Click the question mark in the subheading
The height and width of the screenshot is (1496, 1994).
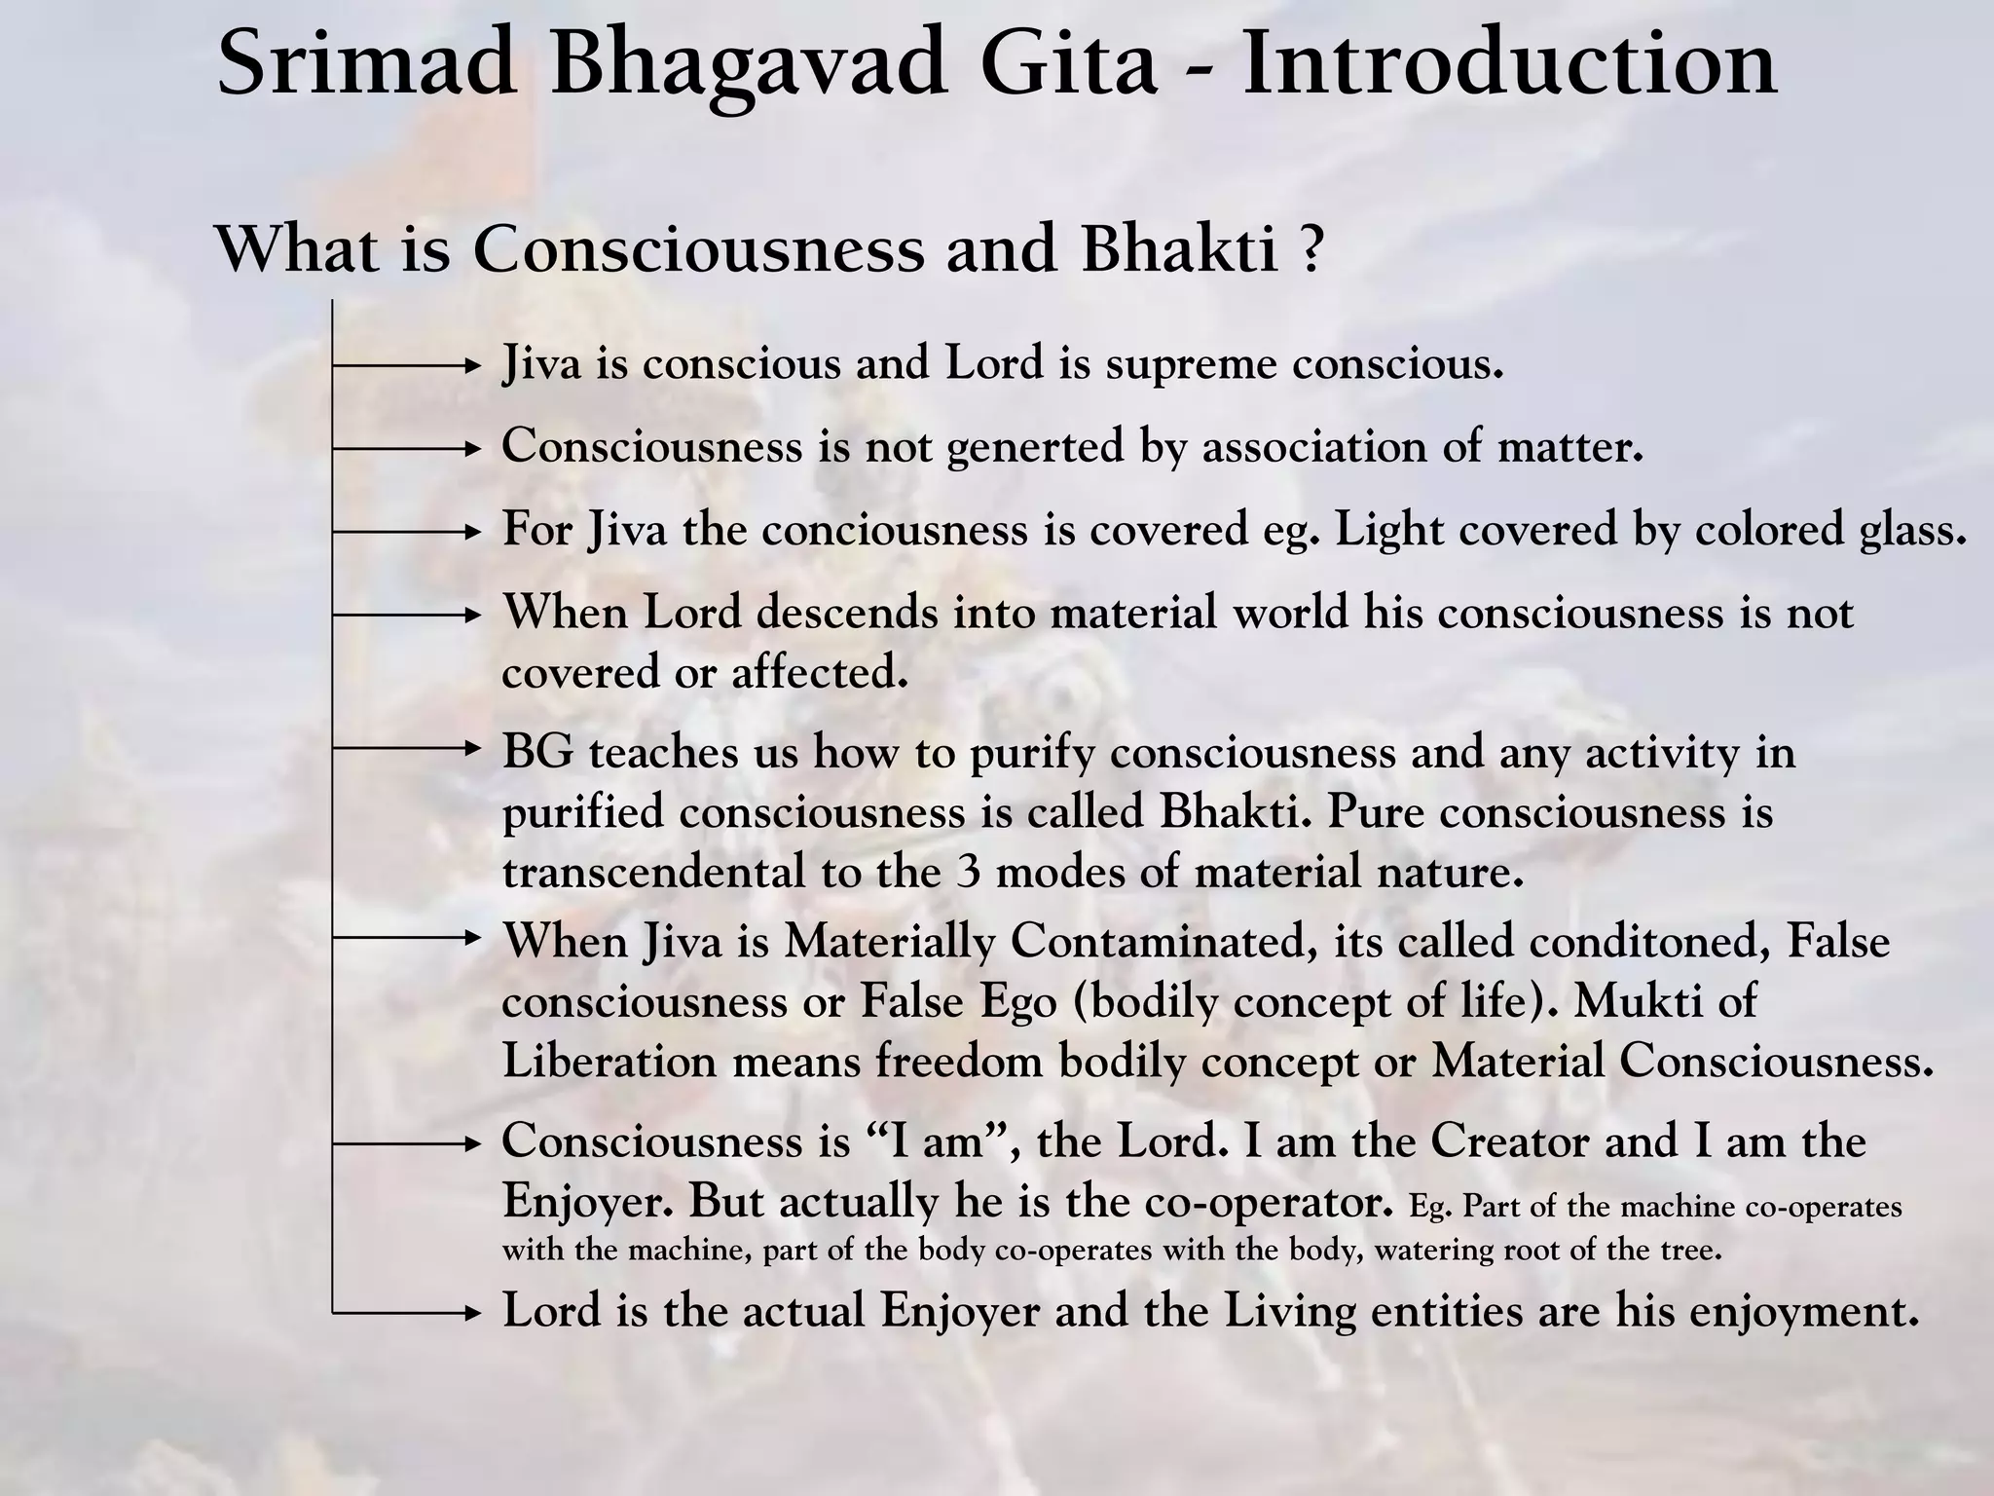tap(1311, 249)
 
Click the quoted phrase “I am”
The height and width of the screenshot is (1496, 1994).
tap(936, 1141)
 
